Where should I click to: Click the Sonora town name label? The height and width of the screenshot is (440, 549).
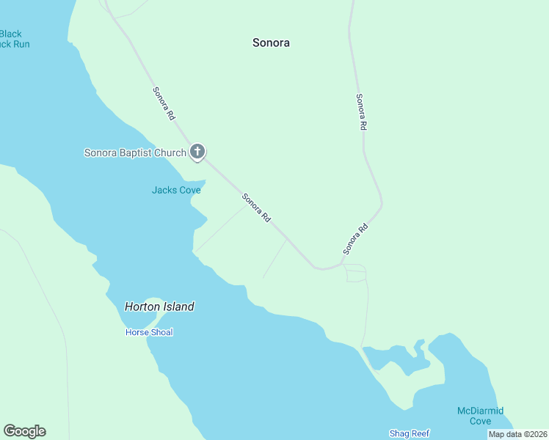click(271, 43)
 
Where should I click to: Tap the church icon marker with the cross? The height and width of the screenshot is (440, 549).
click(197, 152)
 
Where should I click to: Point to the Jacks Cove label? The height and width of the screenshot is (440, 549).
click(176, 190)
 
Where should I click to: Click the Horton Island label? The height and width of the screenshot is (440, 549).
click(159, 307)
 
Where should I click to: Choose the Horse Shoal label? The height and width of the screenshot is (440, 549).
click(149, 332)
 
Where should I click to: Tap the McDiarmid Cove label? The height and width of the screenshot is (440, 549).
click(480, 416)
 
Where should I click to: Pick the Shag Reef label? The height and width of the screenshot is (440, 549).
click(409, 433)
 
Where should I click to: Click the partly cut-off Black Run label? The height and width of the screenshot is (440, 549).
click(12, 39)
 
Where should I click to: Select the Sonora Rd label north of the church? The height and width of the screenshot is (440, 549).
click(164, 103)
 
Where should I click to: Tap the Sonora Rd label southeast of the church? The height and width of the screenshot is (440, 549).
click(257, 208)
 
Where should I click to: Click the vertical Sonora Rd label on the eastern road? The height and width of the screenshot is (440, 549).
click(360, 112)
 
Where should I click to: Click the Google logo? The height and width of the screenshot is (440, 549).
click(24, 431)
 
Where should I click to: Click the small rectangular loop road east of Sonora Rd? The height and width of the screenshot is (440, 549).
click(355, 273)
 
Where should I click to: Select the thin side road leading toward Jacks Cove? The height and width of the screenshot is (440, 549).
click(220, 229)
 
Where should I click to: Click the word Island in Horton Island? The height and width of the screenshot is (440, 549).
click(178, 307)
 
